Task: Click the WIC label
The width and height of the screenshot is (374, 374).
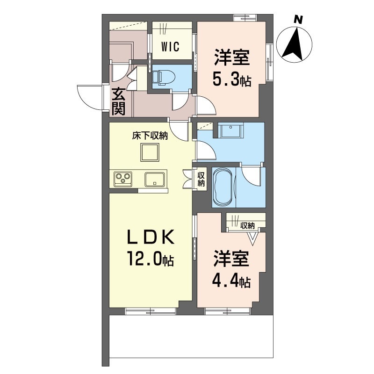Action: [170, 46]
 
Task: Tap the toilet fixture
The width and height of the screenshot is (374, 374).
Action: [164, 77]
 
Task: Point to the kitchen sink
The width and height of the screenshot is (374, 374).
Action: [155, 180]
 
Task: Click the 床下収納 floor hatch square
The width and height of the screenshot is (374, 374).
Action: [150, 152]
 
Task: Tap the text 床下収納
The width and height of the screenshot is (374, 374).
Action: [150, 136]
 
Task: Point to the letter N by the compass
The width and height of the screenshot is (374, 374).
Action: [298, 19]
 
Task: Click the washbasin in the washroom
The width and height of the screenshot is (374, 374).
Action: [230, 130]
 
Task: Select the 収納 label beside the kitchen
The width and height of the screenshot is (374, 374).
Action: [201, 180]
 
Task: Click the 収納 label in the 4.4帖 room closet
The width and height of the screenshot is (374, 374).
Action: [247, 225]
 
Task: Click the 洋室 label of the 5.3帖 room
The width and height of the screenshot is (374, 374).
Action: [232, 57]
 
